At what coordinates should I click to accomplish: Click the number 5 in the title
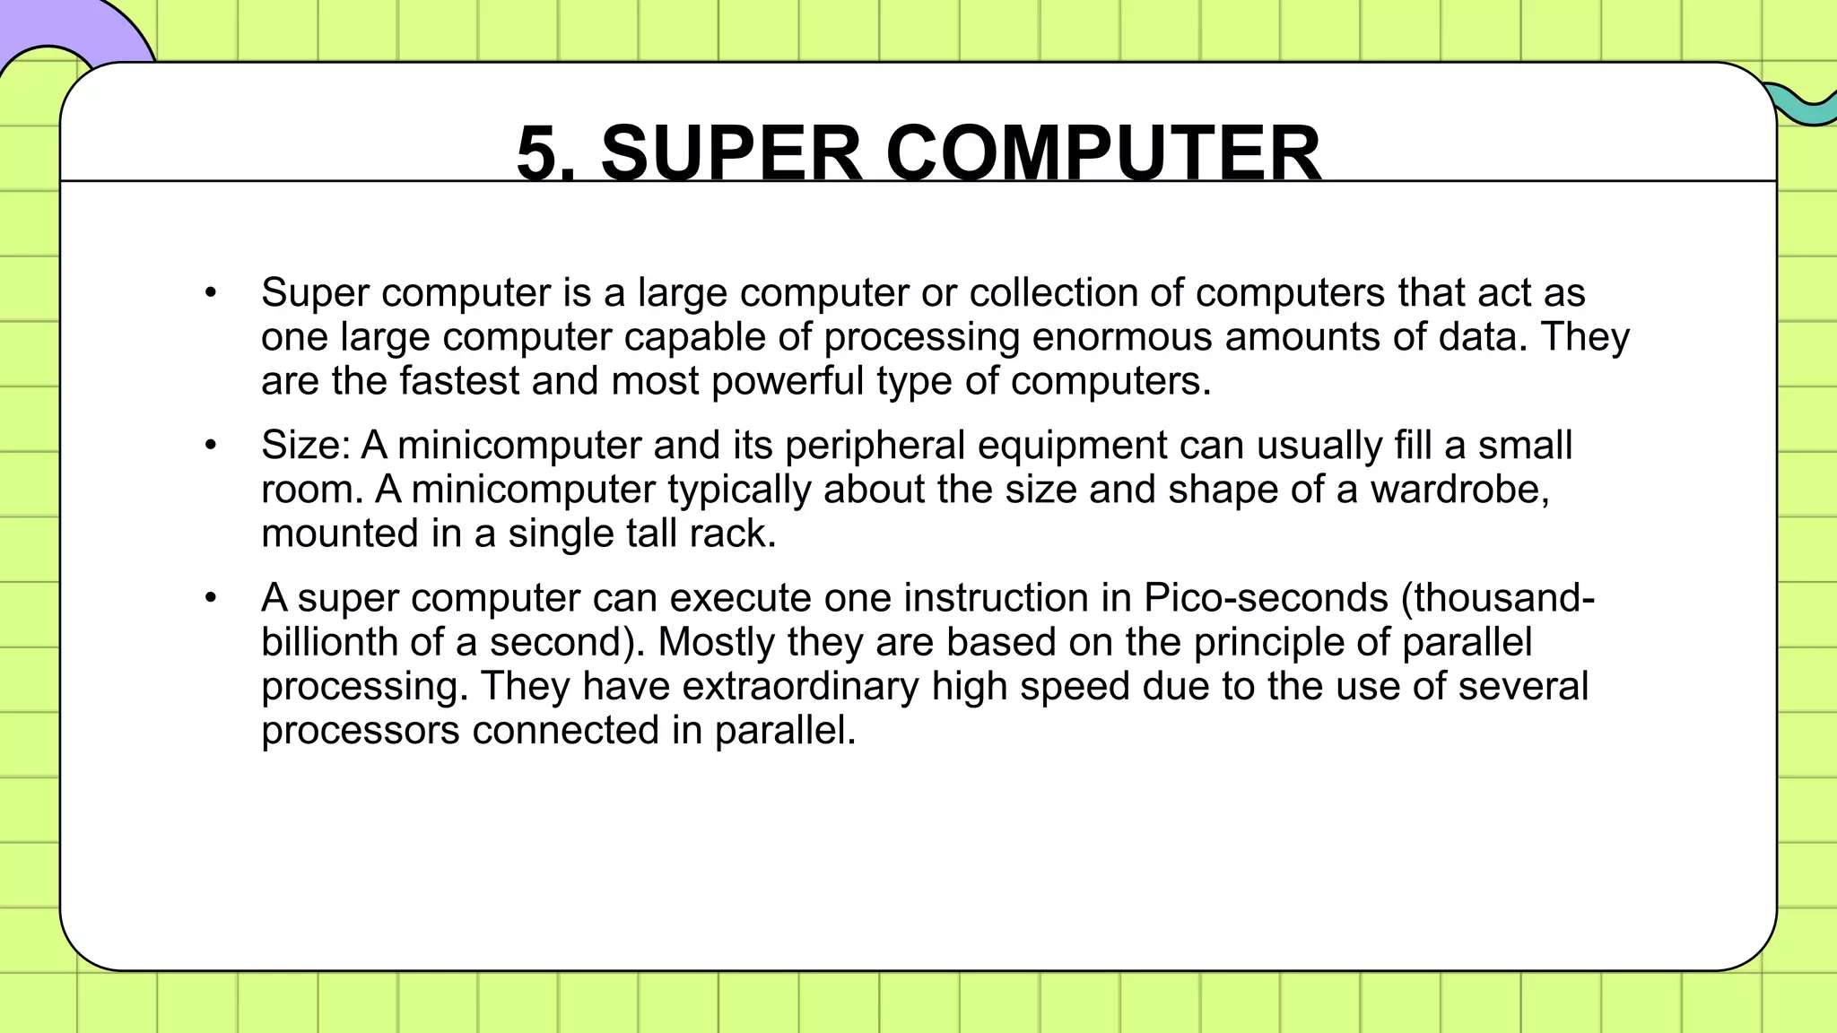coord(536,154)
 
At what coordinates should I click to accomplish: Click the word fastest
coord(459,381)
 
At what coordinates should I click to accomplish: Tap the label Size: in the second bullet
coord(305,446)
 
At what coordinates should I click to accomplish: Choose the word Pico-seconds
coord(1266,598)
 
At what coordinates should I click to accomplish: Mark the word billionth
coord(329,642)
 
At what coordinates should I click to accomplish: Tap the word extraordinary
coord(800,686)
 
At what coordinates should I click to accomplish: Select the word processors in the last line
coord(360,730)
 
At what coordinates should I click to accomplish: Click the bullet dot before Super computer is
coord(211,293)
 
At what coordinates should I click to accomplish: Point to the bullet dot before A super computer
coord(211,598)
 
